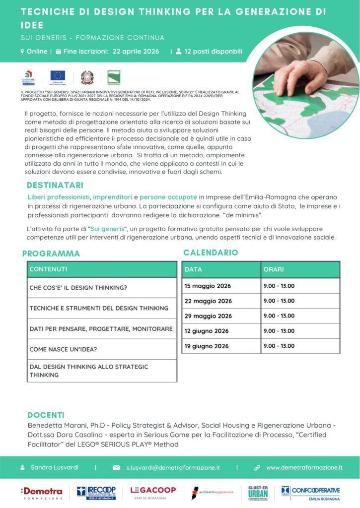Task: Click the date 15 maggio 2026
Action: [208, 286]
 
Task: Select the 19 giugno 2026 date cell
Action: [207, 346]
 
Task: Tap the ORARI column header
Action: [274, 269]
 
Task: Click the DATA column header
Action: [193, 269]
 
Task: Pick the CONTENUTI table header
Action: [48, 269]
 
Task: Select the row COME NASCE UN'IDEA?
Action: [63, 349]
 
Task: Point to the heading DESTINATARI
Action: [55, 186]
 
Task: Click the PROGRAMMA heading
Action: [51, 254]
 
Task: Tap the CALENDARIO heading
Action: [211, 253]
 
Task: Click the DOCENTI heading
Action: [46, 415]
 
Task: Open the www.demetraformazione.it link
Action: [304, 467]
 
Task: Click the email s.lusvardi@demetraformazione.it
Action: [172, 467]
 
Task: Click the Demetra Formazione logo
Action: [42, 493]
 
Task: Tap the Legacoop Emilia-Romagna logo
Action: [153, 493]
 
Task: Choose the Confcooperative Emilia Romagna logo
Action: [311, 493]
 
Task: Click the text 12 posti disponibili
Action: [213, 51]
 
